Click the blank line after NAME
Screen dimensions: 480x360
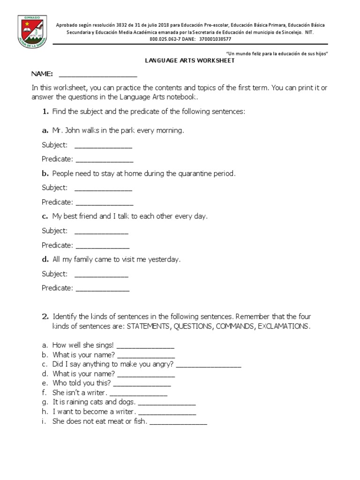tap(98, 75)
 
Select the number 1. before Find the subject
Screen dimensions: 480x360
tap(45, 112)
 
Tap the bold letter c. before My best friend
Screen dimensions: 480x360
tap(45, 217)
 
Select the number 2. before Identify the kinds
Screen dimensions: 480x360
tap(45, 317)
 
